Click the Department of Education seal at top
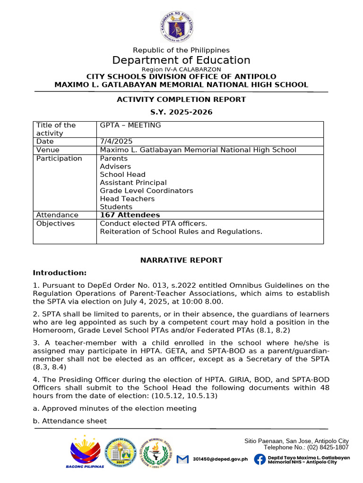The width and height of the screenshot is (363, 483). [176, 27]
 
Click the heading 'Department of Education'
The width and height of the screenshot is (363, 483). [181, 60]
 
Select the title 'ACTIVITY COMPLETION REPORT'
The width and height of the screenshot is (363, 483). [181, 100]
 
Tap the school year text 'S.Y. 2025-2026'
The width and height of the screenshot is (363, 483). [181, 112]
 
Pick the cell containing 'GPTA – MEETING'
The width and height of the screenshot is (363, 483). [130, 125]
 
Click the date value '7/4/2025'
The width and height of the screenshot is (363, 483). [116, 142]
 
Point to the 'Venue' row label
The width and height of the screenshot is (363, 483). [47, 150]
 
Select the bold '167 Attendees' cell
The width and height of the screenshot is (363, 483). [130, 215]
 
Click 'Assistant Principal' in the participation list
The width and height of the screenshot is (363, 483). [133, 183]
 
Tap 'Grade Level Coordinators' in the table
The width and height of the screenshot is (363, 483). [147, 191]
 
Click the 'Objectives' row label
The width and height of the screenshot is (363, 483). [55, 224]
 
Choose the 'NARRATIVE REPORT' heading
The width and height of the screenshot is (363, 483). [181, 260]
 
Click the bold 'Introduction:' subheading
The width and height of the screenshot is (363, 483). [60, 273]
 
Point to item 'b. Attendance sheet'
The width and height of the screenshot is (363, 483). [69, 421]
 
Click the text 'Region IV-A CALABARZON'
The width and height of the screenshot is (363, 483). [181, 69]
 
